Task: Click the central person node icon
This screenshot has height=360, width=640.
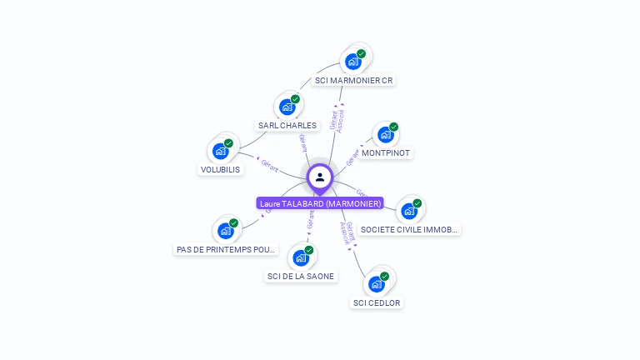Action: [x=319, y=177]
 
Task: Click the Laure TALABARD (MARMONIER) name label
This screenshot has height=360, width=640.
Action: [x=320, y=203]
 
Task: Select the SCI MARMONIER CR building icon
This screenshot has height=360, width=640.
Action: [x=353, y=62]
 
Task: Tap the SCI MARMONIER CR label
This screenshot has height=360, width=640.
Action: [x=353, y=81]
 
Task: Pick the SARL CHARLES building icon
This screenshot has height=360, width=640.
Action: [x=287, y=107]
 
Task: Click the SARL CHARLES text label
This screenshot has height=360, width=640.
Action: [x=287, y=126]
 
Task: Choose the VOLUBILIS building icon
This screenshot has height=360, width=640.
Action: [x=221, y=151]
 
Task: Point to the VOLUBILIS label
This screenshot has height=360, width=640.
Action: [x=220, y=170]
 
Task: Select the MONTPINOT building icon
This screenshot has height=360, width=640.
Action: [x=385, y=134]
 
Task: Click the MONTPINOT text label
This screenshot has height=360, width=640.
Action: [x=386, y=153]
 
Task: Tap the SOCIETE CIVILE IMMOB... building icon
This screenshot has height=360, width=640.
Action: [x=409, y=210]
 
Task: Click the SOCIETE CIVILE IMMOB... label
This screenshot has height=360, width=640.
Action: [x=409, y=229]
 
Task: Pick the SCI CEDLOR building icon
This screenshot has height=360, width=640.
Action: [x=377, y=283]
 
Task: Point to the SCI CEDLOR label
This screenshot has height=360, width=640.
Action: [x=377, y=302]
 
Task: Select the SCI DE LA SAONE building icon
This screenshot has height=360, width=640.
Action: [x=301, y=257]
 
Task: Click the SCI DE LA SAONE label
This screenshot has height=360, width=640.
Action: [x=301, y=277]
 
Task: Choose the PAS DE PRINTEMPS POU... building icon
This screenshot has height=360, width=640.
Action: [x=226, y=230]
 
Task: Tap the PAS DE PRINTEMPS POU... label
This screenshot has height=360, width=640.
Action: [x=226, y=249]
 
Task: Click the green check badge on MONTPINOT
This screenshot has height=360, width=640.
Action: [x=393, y=127]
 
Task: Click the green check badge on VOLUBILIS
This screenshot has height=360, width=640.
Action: [x=228, y=143]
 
